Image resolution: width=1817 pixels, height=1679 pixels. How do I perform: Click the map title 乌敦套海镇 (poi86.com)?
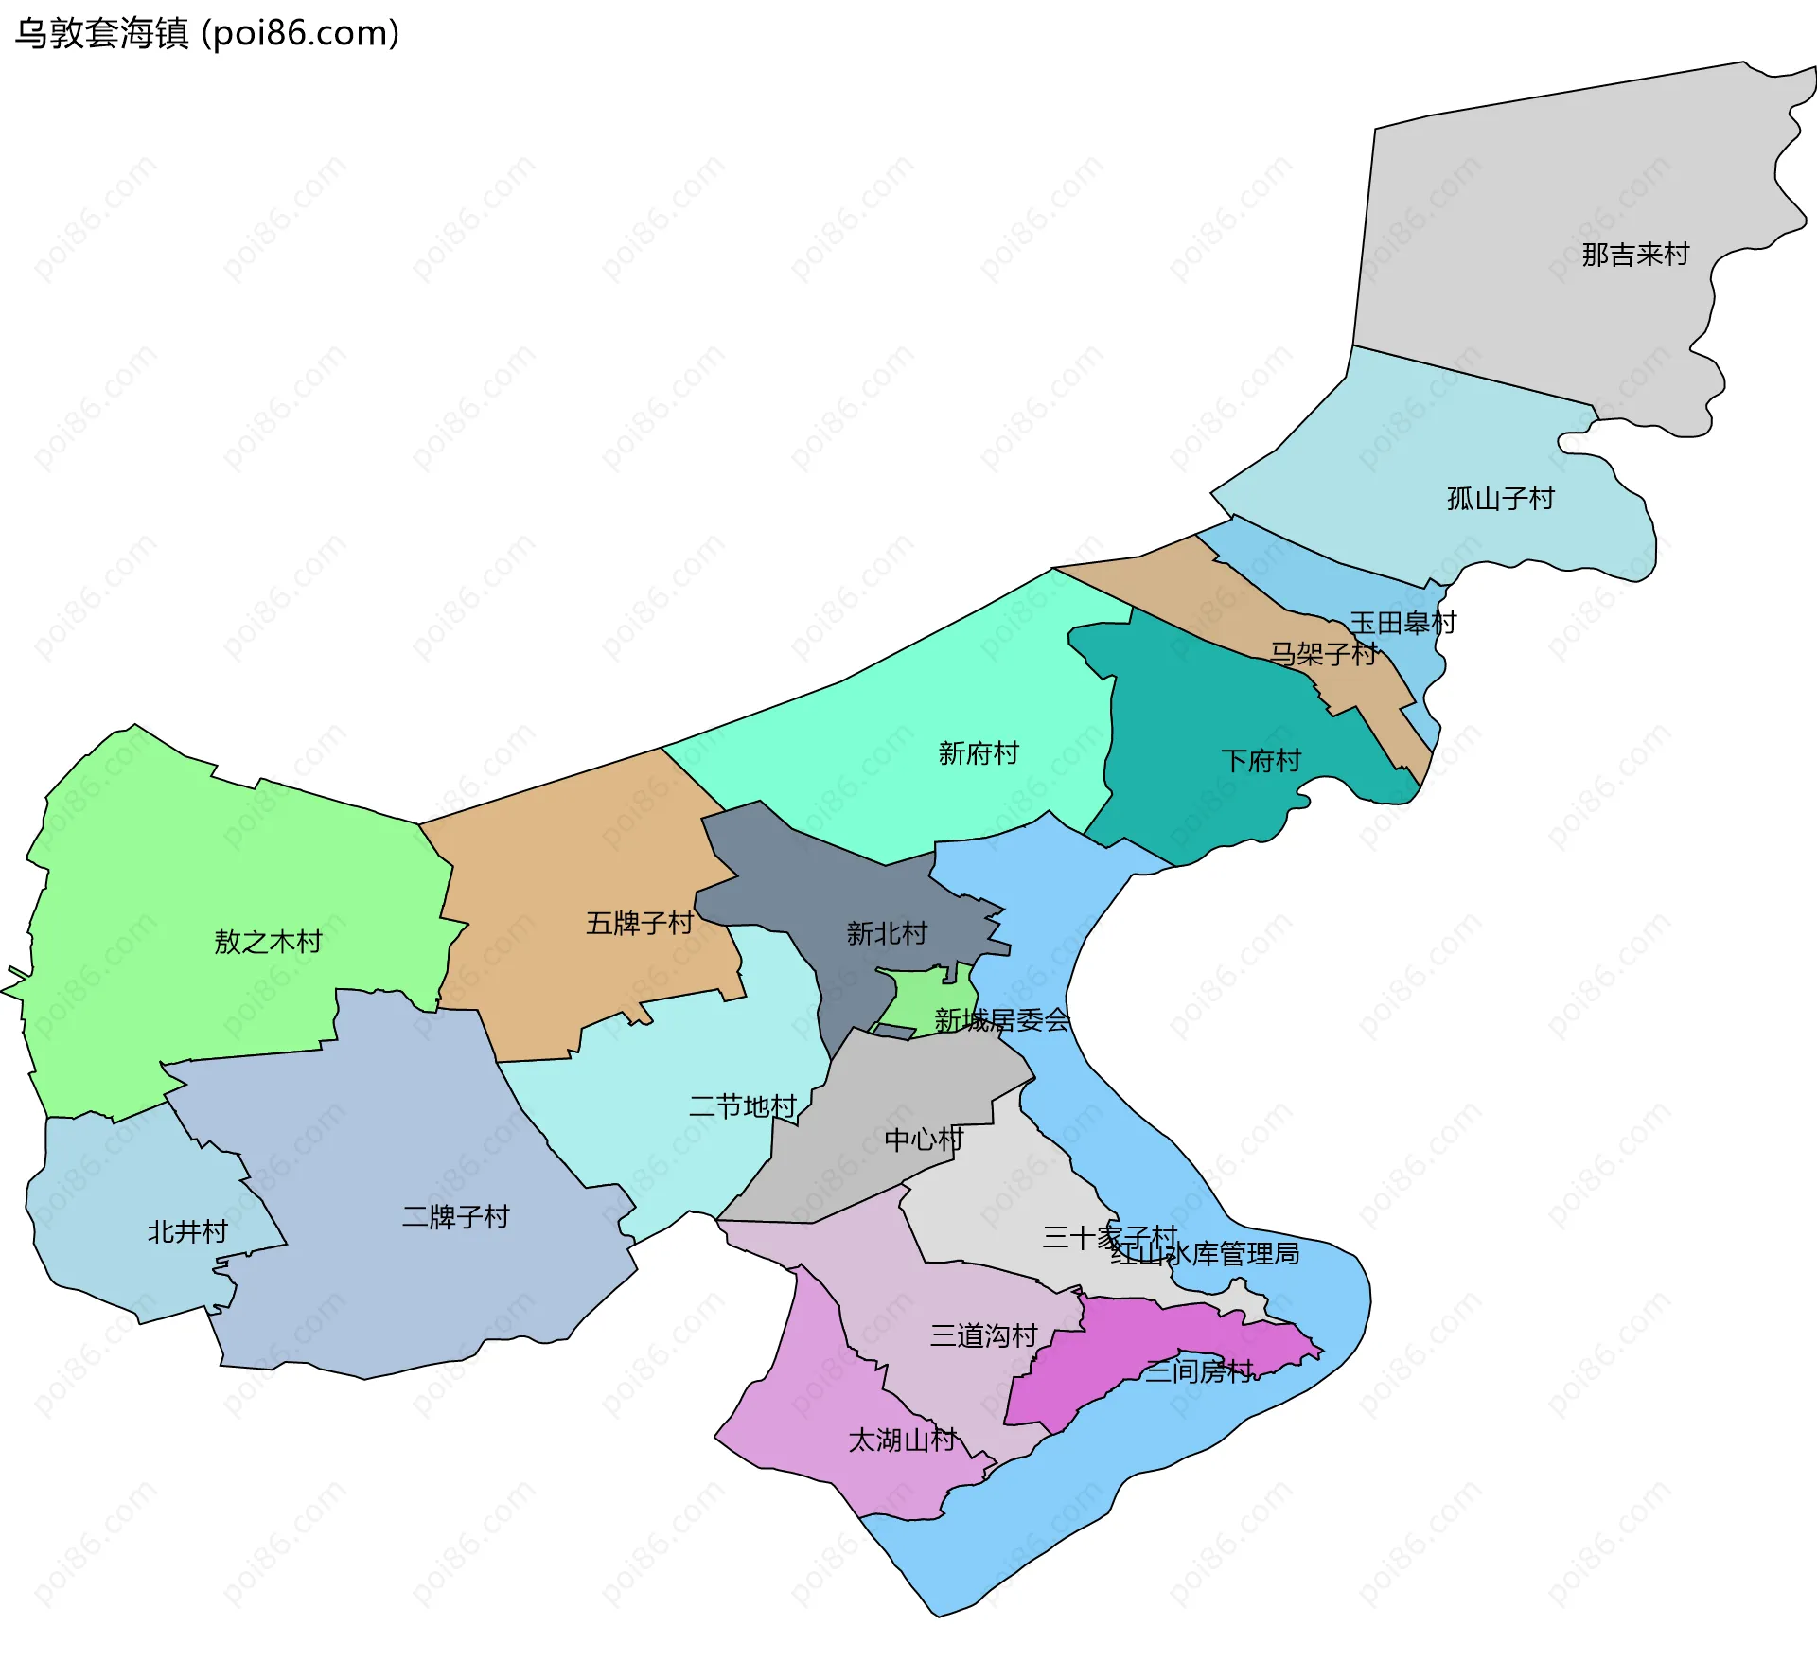coord(206,33)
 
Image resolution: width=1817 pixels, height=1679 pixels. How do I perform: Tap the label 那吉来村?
coord(1635,255)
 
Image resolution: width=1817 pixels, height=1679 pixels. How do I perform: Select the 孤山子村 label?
coord(1501,499)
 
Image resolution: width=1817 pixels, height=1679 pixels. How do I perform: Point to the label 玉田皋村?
coord(1402,623)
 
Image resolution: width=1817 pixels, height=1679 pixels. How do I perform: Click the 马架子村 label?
coord(1323,654)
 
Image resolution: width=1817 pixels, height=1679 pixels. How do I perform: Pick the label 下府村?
coord(1261,761)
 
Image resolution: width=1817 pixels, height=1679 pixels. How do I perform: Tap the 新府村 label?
coord(979,753)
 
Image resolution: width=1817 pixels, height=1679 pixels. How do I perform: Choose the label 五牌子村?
coord(640,923)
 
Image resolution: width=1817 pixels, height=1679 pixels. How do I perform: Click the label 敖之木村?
coord(268,942)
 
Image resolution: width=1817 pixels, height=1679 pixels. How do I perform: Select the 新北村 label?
coord(887,934)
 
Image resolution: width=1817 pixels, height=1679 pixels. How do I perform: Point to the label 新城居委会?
coord(1002,1020)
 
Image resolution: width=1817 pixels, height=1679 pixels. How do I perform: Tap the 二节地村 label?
coord(743,1106)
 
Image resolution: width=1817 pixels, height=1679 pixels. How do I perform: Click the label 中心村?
coord(924,1140)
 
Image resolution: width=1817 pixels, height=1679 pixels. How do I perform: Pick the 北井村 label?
coord(187,1231)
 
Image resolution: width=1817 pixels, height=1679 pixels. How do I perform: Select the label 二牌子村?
coord(455,1216)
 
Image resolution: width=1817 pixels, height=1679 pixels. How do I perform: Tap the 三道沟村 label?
coord(984,1335)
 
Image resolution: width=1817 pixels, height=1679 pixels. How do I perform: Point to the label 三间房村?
coord(1199,1370)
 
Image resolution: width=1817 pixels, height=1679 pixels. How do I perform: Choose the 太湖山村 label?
coord(902,1440)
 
